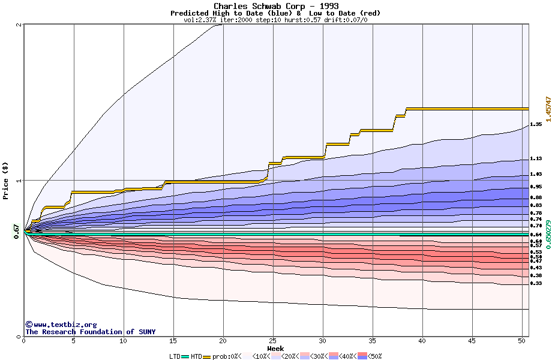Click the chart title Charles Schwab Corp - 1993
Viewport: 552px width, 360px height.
point(275,6)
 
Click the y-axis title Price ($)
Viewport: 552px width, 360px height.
point(5,181)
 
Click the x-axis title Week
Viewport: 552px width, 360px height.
point(275,348)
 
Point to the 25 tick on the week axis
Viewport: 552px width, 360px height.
point(273,341)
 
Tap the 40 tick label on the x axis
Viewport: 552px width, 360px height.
point(422,341)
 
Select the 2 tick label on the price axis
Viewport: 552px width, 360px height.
point(20,25)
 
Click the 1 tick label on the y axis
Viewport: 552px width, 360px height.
point(20,181)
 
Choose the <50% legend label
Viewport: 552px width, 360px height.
point(374,356)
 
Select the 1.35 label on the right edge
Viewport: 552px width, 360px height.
point(536,124)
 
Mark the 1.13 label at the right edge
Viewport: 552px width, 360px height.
point(536,159)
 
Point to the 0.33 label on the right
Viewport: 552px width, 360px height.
point(536,283)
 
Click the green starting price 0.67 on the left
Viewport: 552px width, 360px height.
point(16,231)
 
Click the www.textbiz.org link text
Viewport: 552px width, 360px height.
point(57,325)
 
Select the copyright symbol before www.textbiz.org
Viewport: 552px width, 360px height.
point(28,325)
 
